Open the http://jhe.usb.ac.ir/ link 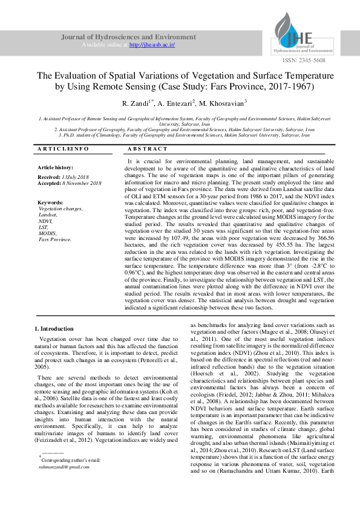pos(152,45)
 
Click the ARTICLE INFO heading pos(63,148)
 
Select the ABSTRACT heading pos(148,148)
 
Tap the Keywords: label pos(50,202)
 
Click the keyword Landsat pos(48,215)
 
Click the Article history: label pos(55,167)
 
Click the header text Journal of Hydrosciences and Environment pos(129,37)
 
